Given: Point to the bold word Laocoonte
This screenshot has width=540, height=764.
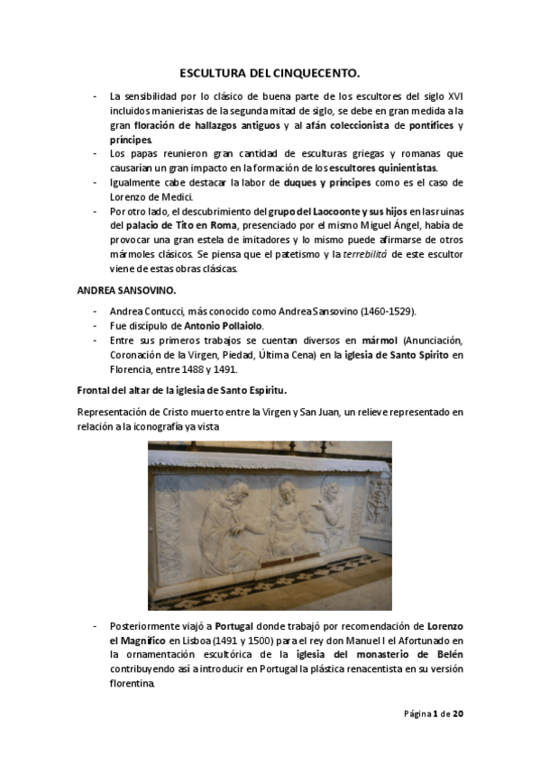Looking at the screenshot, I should tap(325, 211).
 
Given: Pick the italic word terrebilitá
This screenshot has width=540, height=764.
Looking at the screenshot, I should tap(366, 254).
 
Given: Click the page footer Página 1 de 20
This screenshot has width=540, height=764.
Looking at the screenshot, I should tap(434, 714).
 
